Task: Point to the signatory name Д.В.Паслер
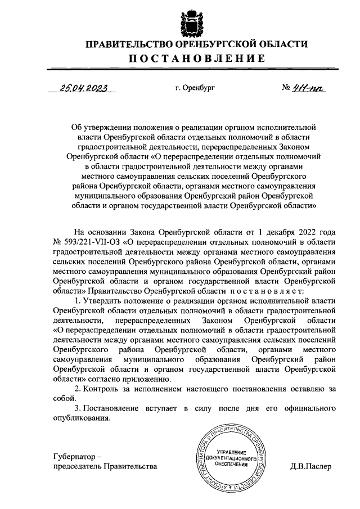point(311,466)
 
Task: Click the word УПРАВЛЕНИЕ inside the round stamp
point(231,452)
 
